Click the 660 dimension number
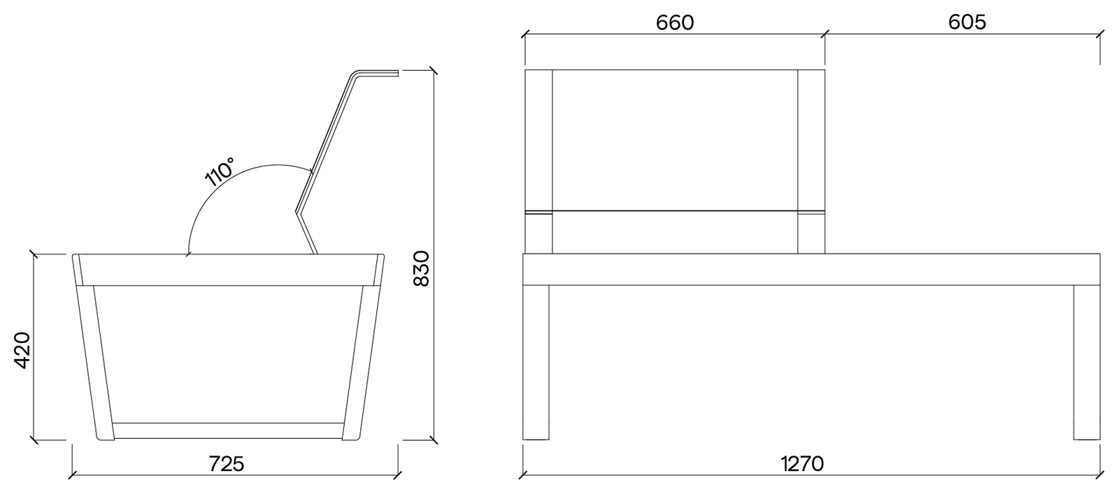(674, 23)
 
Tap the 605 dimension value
(967, 22)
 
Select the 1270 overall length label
(802, 464)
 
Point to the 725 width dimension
(227, 464)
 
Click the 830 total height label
(422, 268)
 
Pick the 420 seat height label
(23, 350)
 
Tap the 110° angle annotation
(220, 172)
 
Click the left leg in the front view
(536, 363)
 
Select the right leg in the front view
(1087, 363)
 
